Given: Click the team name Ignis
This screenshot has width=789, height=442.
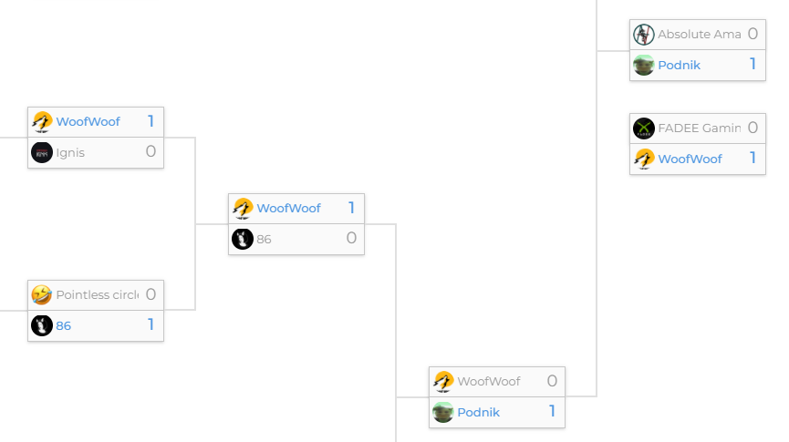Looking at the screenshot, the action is pos(70,152).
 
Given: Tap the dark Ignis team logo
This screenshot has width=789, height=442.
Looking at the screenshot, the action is pos(42,152).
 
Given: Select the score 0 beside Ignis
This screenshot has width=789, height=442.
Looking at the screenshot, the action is pos(151,151).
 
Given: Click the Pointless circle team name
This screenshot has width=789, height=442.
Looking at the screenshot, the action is pos(97,294).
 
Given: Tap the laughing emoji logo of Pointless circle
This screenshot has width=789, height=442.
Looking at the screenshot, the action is pos(42,294).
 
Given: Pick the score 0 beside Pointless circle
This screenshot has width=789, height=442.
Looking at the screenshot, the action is pos(151,293).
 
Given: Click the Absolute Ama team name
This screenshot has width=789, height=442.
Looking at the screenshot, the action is pos(699,34).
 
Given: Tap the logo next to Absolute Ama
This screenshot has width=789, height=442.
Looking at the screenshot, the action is pos(644,35).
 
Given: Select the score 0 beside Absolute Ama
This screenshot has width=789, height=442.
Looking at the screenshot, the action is pos(753,34).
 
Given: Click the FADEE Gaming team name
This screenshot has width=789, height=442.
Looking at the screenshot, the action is pos(699,128).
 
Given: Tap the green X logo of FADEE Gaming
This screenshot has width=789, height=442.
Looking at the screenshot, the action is pos(644,128).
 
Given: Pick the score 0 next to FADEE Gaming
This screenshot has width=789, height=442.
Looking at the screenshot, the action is pos(753,128).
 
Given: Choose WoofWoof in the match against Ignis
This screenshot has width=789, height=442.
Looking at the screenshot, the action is pos(88,121).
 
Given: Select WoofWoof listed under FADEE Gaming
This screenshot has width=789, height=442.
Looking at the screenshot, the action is pos(690,159).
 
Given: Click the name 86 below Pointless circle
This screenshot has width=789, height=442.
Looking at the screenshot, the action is pos(63,325).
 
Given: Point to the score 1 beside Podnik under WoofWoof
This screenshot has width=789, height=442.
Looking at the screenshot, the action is pos(552,411).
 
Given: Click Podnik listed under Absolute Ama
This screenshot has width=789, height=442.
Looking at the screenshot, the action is pos(679,65).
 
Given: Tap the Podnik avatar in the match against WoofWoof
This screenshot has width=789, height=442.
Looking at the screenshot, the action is pos(443,412).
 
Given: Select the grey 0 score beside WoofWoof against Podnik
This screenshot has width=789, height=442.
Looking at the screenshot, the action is pos(552,380).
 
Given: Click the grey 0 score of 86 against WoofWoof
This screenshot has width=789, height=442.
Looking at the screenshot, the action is pos(351,238).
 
